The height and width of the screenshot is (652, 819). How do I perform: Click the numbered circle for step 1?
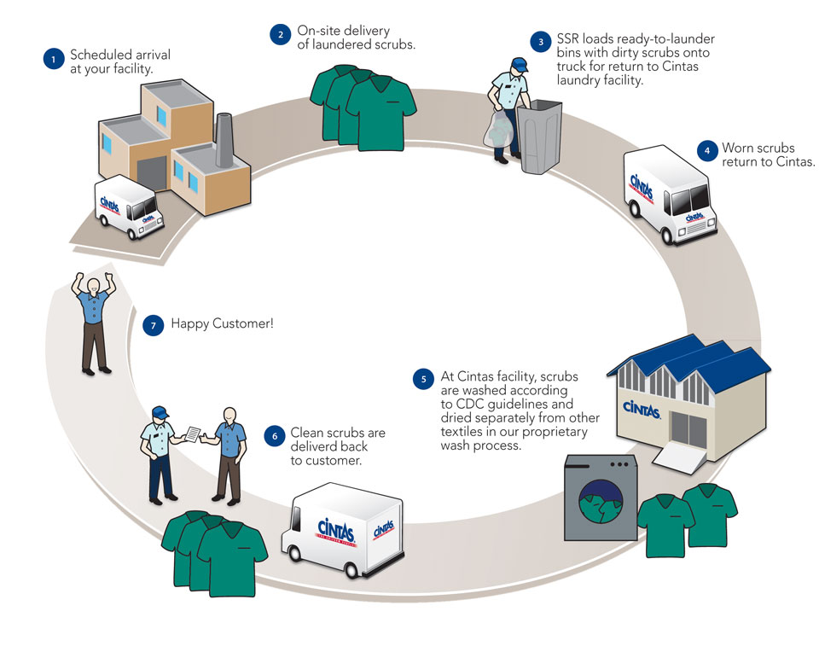click(53, 59)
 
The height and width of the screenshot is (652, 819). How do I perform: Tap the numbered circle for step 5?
click(422, 379)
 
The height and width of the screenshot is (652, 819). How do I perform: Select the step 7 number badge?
click(153, 324)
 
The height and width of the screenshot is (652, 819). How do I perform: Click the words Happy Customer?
click(223, 324)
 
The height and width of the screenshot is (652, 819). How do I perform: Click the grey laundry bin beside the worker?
click(542, 137)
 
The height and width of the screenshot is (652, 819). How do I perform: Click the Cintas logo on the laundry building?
click(642, 410)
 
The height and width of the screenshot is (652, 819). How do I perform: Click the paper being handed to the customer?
click(195, 434)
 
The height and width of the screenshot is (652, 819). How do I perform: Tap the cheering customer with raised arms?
click(94, 320)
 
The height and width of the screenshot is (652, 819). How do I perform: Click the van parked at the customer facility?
click(128, 207)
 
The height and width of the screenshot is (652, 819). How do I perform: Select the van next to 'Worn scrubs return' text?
click(668, 195)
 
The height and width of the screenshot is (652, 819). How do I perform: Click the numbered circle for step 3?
click(540, 41)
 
